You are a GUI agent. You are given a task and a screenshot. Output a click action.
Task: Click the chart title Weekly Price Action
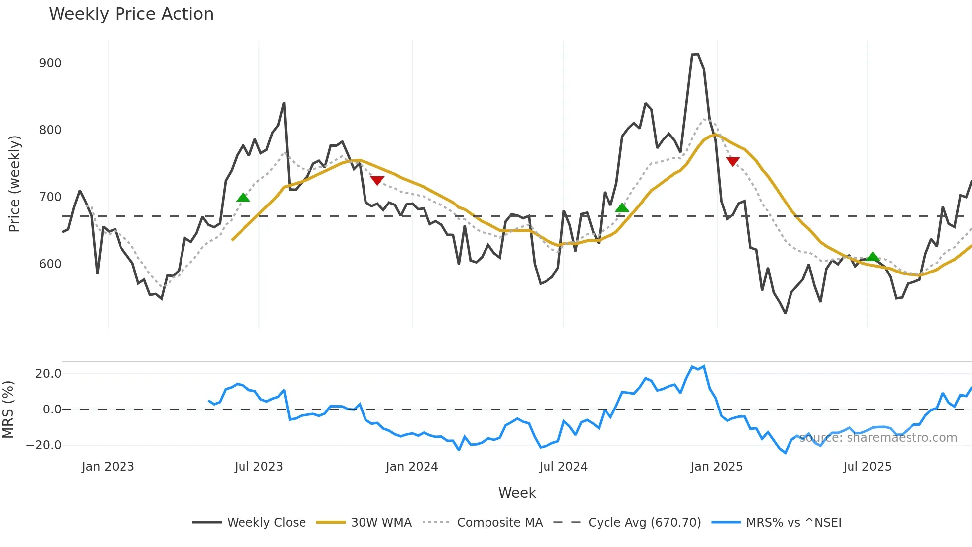pyautogui.click(x=131, y=14)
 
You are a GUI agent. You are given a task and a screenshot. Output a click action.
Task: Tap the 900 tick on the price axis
pyautogui.click(x=50, y=63)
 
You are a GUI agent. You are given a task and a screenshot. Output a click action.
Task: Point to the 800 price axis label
pyautogui.click(x=50, y=130)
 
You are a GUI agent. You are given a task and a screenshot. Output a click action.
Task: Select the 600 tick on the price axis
pyautogui.click(x=50, y=264)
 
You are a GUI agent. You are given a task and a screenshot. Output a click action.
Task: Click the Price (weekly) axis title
pyautogui.click(x=15, y=184)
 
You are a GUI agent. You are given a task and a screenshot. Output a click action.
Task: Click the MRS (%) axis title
pyautogui.click(x=8, y=410)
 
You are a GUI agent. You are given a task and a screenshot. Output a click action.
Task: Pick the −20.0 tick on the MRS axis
pyautogui.click(x=44, y=445)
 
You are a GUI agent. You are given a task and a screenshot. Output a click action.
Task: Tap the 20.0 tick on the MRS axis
pyautogui.click(x=48, y=374)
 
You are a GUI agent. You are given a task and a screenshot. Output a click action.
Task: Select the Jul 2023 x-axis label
pyautogui.click(x=258, y=467)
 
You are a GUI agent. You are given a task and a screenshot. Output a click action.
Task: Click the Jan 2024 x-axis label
pyautogui.click(x=412, y=467)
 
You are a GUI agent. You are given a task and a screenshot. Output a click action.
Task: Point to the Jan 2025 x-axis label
pyautogui.click(x=717, y=467)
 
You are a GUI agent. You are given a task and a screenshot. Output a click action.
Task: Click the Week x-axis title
pyautogui.click(x=517, y=493)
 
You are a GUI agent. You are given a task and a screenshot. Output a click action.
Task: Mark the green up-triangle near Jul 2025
pyautogui.click(x=873, y=257)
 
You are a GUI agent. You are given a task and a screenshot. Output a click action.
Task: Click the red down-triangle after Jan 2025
pyautogui.click(x=732, y=161)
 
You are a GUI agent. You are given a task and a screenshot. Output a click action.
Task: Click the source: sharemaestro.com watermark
pyautogui.click(x=878, y=438)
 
